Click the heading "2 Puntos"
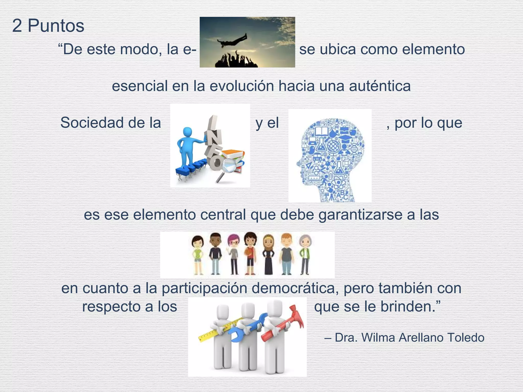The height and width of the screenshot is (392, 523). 48,26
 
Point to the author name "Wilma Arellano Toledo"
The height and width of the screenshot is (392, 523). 423,338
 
